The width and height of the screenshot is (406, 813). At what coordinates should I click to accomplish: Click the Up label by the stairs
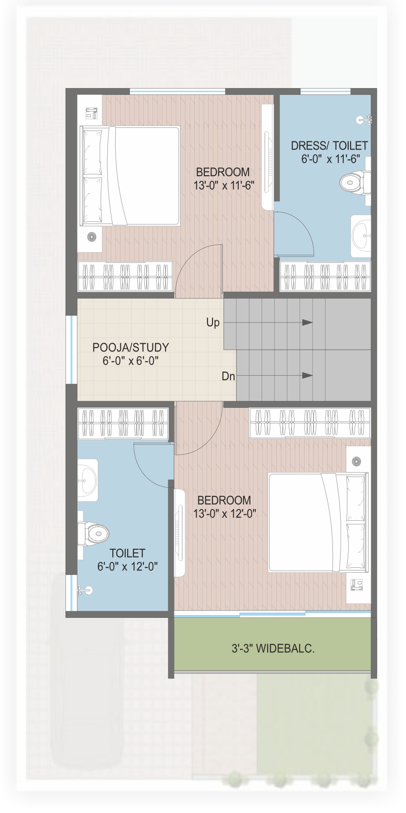point(213,322)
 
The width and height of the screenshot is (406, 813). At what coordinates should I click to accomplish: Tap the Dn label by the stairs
point(228,376)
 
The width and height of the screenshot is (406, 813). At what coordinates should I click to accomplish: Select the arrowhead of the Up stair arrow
point(308,322)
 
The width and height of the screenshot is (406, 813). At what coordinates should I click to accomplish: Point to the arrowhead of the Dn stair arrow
point(308,375)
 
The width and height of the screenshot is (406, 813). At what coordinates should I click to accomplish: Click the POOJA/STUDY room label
point(131,347)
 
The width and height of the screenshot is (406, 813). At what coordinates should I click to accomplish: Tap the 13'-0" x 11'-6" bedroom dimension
point(224,185)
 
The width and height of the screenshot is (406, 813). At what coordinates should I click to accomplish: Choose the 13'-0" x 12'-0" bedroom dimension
point(225,514)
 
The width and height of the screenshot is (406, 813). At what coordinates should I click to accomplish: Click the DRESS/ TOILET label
point(329,145)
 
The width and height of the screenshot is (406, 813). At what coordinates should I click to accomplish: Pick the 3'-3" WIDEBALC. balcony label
point(273,649)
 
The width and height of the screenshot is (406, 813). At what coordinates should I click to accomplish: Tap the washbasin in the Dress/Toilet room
point(361,236)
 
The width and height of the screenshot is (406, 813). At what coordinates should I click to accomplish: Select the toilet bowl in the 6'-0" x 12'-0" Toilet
point(93,534)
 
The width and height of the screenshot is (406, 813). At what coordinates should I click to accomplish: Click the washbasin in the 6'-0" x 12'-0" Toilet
point(88,480)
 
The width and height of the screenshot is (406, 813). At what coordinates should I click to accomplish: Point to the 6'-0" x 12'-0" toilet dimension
point(128,566)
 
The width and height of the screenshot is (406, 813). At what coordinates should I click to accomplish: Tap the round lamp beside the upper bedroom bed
point(92,236)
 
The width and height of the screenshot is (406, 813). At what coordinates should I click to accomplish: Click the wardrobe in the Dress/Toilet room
point(325,276)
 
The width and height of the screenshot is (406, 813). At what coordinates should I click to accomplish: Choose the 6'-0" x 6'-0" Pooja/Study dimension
point(131,361)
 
